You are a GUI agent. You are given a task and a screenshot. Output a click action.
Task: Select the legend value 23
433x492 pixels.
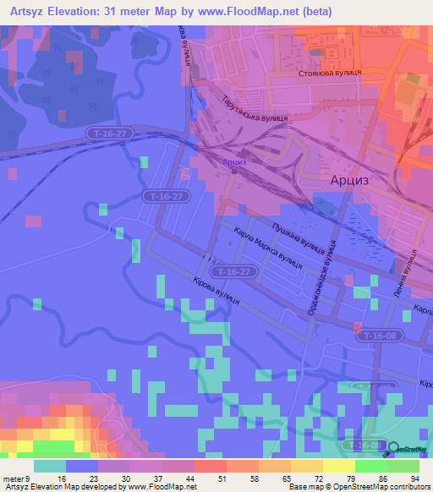(98, 478)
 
